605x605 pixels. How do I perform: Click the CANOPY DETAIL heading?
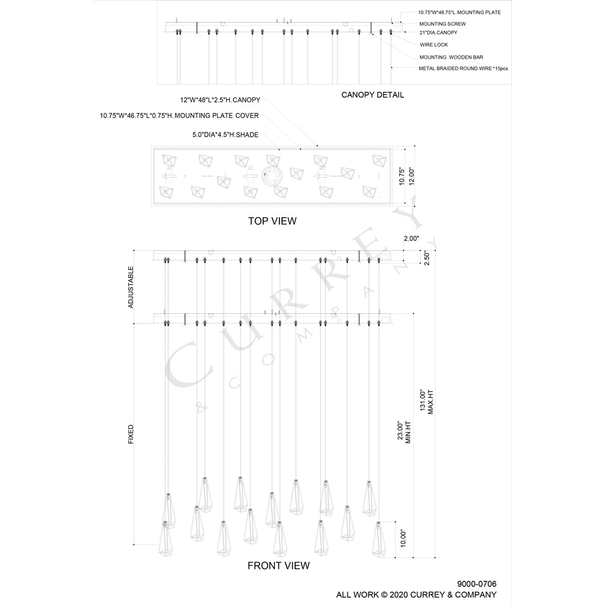pyautogui.click(x=372, y=95)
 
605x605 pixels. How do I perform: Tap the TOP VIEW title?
pyautogui.click(x=272, y=221)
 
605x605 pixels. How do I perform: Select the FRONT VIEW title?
pyautogui.click(x=278, y=566)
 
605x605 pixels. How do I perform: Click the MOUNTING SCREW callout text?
pyautogui.click(x=443, y=24)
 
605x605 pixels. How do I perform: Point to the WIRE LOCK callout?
pyautogui.click(x=434, y=45)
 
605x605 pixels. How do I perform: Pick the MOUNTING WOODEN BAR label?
pyautogui.click(x=451, y=57)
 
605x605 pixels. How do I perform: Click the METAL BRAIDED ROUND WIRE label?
pyautogui.click(x=463, y=69)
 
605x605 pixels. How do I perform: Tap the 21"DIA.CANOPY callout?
pyautogui.click(x=438, y=33)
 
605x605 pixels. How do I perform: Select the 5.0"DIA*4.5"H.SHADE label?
pyautogui.click(x=225, y=135)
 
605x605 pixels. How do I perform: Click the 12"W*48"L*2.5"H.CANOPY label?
pyautogui.click(x=220, y=100)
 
